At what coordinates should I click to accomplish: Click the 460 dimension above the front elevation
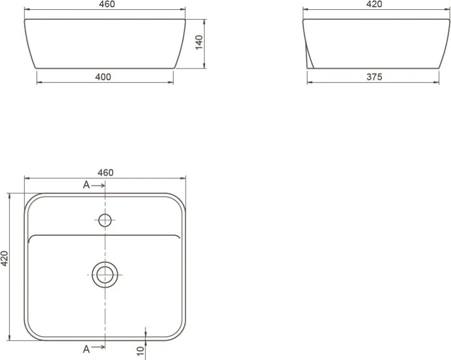(x=107, y=4)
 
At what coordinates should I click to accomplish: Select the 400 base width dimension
(x=103, y=77)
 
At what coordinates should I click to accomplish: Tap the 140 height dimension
(x=199, y=42)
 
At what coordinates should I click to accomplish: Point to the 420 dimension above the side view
(x=374, y=4)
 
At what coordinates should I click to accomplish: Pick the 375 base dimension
(x=374, y=77)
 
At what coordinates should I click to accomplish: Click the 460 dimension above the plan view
(x=105, y=172)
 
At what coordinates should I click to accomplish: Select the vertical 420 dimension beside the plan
(x=5, y=258)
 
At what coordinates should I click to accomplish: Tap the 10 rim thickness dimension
(x=140, y=351)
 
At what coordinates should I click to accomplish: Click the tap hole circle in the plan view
(x=105, y=220)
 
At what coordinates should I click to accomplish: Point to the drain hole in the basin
(x=105, y=275)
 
